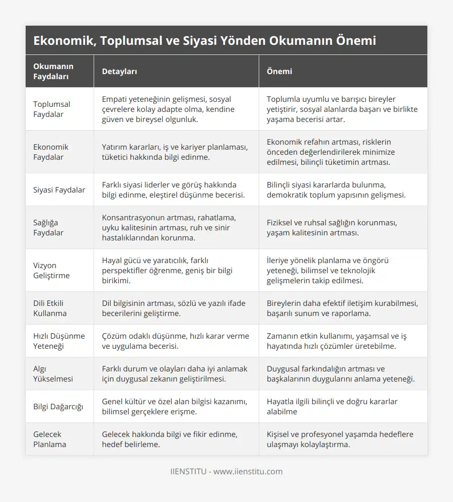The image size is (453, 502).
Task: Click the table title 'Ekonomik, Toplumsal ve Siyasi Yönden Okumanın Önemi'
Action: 204,41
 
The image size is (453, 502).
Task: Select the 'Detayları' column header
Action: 119,72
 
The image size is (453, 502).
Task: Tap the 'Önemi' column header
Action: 279,72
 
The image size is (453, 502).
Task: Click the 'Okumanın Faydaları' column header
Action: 53,72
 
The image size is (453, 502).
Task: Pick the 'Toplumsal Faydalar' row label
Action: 52,109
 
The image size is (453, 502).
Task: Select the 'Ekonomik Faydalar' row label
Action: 51,152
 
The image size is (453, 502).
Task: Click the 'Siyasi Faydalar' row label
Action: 59,190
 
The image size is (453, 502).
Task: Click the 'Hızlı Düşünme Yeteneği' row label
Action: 59,341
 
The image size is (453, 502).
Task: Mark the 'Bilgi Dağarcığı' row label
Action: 58,406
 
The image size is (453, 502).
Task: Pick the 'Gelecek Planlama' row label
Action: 50,439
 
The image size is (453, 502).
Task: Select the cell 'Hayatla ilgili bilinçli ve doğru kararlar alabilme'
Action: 332,406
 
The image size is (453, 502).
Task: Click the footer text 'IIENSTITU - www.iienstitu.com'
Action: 226,472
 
